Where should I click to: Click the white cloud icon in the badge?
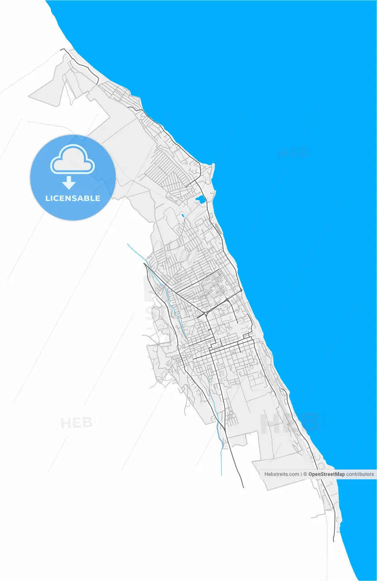[x=72, y=160]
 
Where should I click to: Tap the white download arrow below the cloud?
[x=69, y=183]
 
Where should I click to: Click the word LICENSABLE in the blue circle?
[x=72, y=198]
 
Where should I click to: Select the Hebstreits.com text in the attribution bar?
[x=282, y=474]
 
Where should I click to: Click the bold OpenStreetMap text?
[x=326, y=474]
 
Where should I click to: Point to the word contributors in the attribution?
[x=360, y=474]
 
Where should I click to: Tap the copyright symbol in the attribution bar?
[x=305, y=474]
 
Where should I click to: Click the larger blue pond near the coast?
[x=200, y=199]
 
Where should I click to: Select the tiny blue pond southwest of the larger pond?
[x=183, y=216]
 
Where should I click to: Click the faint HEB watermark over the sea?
[x=293, y=153]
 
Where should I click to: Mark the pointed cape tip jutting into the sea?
[x=213, y=164]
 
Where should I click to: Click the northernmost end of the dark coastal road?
[x=62, y=49]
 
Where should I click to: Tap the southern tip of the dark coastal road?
[x=333, y=541]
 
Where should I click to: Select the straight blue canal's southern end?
[x=221, y=475]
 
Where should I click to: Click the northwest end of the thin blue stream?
[x=127, y=244]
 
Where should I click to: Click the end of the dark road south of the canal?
[x=243, y=487]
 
